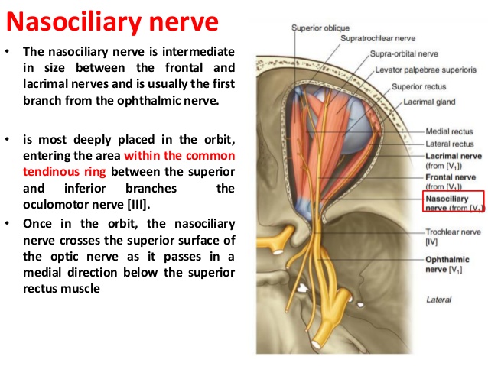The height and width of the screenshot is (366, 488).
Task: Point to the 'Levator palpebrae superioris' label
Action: (x=425, y=70)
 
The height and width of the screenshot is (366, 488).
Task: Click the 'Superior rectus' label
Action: (x=418, y=86)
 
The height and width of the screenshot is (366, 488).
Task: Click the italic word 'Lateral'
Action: (x=438, y=300)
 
